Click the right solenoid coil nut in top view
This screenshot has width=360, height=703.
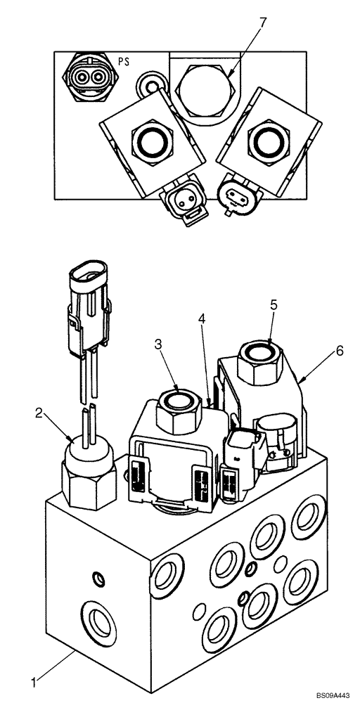pyautogui.click(x=267, y=141)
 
